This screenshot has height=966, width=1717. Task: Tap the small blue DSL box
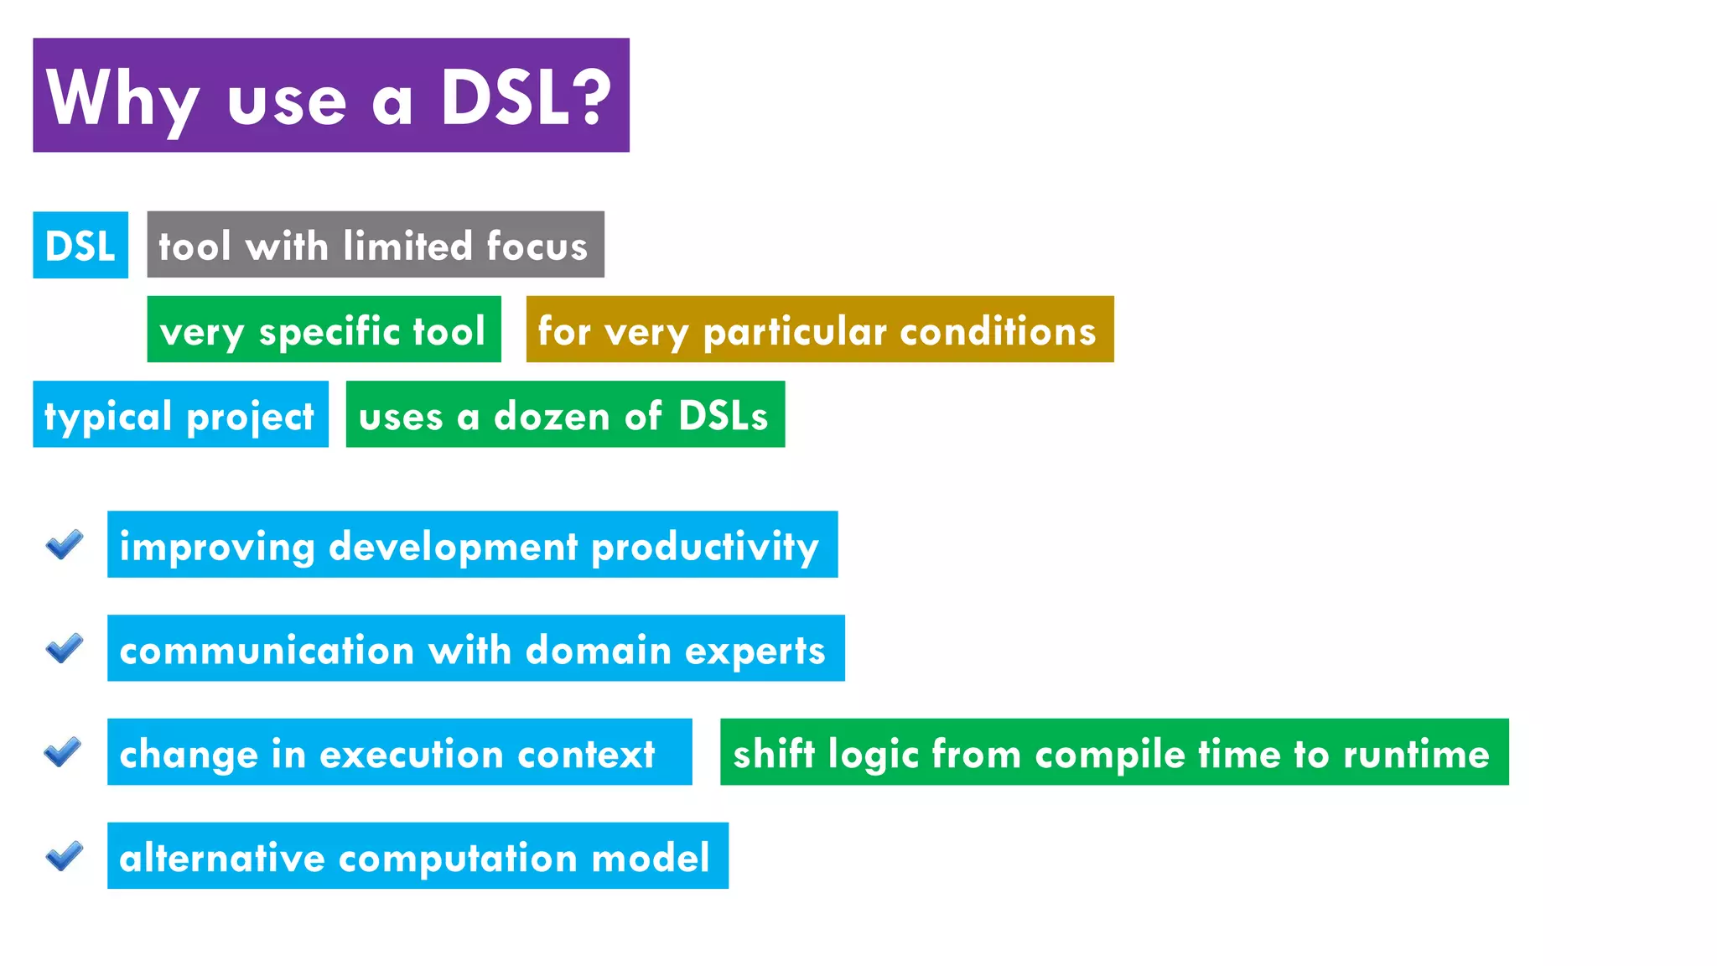pyautogui.click(x=80, y=246)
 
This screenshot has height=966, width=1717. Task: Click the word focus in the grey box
pyautogui.click(x=537, y=246)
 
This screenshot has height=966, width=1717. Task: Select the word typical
pyautogui.click(x=107, y=417)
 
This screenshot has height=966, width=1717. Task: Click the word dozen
pyautogui.click(x=551, y=417)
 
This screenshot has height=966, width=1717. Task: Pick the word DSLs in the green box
pyautogui.click(x=723, y=416)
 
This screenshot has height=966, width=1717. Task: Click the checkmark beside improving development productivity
pyautogui.click(x=65, y=545)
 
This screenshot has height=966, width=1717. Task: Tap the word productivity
pyautogui.click(x=704, y=547)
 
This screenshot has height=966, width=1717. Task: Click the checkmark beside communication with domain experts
pyautogui.click(x=65, y=648)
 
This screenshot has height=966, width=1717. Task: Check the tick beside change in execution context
pyautogui.click(x=63, y=752)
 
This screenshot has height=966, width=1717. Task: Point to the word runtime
pyautogui.click(x=1416, y=754)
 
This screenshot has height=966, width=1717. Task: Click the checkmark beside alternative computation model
pyautogui.click(x=65, y=856)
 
